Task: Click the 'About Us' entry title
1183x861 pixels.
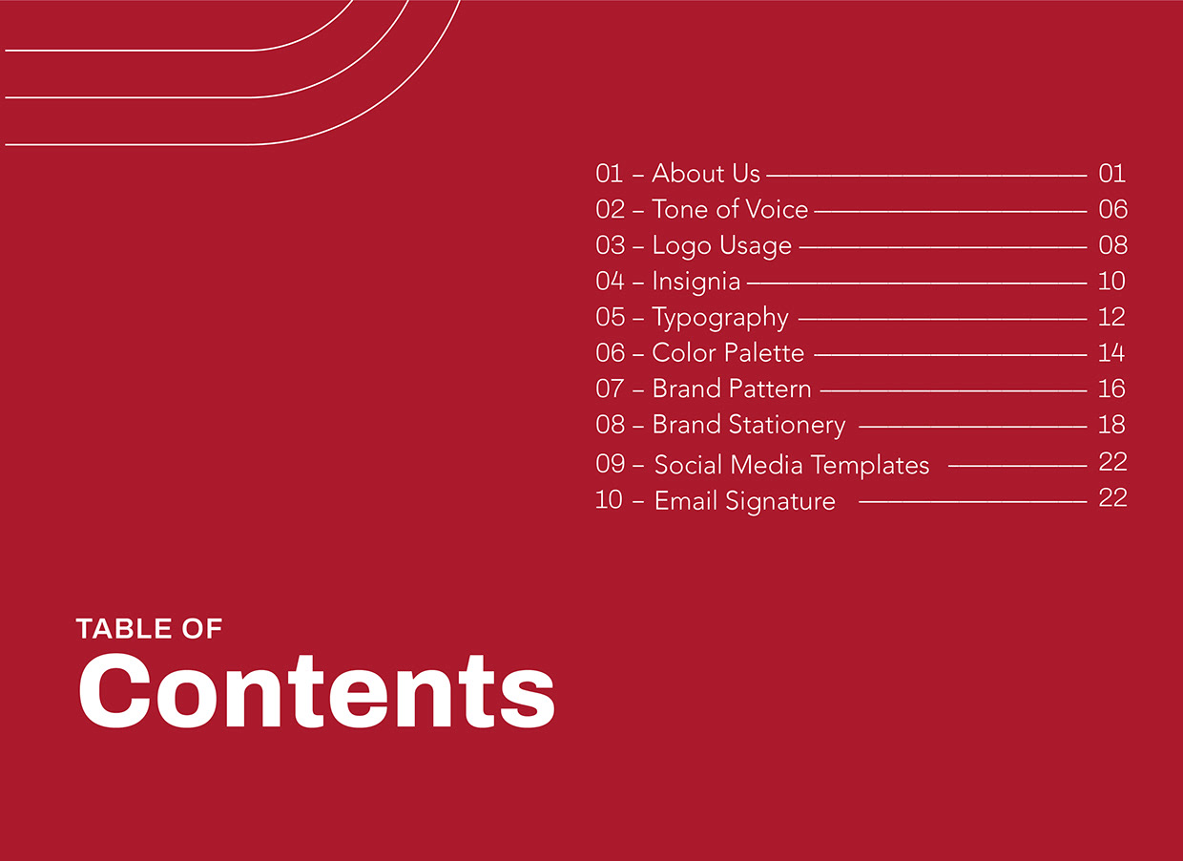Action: [x=706, y=174]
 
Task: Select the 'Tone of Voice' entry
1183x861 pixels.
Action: [x=731, y=209]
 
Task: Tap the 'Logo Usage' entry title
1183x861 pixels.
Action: [x=722, y=246]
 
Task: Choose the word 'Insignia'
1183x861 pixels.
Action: [x=696, y=282]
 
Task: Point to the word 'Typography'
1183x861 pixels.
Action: [x=720, y=318]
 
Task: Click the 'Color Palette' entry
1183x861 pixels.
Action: [x=728, y=352]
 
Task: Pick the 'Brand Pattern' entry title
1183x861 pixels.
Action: [x=732, y=388]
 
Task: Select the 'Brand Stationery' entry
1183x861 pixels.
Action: [x=749, y=426]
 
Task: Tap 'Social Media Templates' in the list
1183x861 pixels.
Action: [x=792, y=465]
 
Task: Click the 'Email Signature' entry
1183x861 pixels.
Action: [x=745, y=501]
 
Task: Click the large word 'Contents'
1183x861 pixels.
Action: [x=317, y=691]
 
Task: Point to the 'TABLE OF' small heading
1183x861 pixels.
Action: [x=149, y=629]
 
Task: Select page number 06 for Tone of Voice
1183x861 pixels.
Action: [x=1112, y=209]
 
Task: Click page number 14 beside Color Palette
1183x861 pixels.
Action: [x=1111, y=352]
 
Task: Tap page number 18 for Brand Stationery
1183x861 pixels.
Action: [x=1111, y=425]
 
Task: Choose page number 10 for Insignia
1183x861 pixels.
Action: [x=1111, y=281]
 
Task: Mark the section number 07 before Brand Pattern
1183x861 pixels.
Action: [x=610, y=388]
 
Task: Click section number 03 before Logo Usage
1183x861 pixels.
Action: [x=610, y=245]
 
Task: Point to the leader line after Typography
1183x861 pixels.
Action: [x=943, y=319]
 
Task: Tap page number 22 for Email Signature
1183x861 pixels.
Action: [x=1112, y=498]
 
